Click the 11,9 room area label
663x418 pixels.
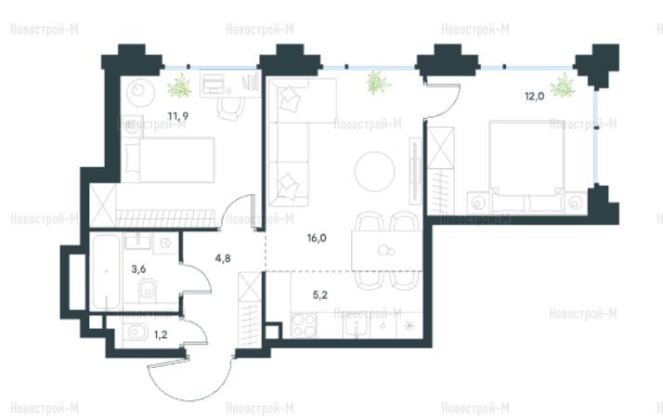coord(177,116)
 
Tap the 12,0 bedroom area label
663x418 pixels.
coord(535,97)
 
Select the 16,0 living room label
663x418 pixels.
coord(317,238)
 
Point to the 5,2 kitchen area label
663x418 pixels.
coord(320,294)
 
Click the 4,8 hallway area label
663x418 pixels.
coord(223,258)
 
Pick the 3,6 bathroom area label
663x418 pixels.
coord(138,269)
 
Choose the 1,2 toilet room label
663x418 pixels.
coord(161,335)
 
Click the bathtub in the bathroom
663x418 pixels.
coord(106,271)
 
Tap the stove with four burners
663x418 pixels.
coord(304,325)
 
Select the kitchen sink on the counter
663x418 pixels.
coord(357,326)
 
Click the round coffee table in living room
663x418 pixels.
coord(374,172)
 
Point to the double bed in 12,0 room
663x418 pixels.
coord(526,166)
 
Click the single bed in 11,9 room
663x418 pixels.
coord(169,160)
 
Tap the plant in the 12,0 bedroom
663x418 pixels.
coord(563,85)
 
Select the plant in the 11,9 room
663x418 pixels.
coord(180,85)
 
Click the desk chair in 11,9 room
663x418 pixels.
coord(231,109)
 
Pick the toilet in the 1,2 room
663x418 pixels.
coord(135,333)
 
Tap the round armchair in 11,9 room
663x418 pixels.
coord(137,90)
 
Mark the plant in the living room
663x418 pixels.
coord(379,83)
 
